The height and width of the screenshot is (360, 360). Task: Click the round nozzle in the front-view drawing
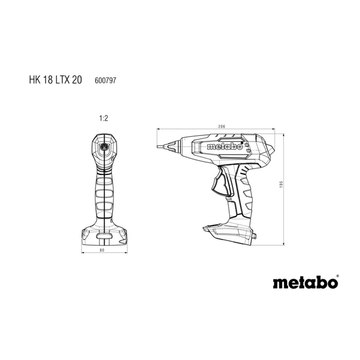pyautogui.click(x=104, y=147)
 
